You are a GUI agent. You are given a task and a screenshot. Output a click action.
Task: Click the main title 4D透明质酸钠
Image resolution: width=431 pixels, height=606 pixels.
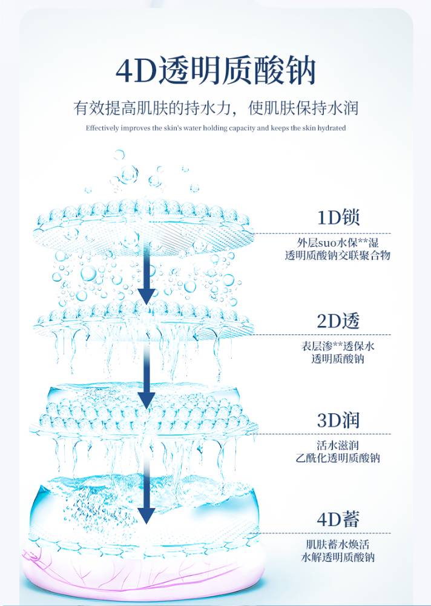(x=215, y=72)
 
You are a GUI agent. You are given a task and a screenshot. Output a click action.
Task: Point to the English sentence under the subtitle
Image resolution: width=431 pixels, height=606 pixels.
(x=215, y=128)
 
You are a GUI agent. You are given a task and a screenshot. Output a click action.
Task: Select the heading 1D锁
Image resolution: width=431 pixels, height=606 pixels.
(x=338, y=218)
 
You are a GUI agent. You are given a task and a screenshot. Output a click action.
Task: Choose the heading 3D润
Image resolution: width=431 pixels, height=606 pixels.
(x=338, y=420)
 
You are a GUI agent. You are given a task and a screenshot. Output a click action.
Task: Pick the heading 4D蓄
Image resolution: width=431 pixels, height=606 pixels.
(x=338, y=519)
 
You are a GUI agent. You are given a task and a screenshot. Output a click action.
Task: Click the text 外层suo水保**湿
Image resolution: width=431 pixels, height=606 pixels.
(x=338, y=243)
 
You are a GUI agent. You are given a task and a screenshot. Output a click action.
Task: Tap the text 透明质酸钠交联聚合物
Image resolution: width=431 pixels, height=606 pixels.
(x=338, y=256)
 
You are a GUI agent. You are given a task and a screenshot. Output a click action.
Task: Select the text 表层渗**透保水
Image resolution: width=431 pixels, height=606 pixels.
(x=338, y=347)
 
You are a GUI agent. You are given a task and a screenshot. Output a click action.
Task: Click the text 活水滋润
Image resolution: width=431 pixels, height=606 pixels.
(x=338, y=445)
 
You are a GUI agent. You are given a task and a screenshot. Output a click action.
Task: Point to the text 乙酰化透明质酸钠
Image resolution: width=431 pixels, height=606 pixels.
(x=338, y=459)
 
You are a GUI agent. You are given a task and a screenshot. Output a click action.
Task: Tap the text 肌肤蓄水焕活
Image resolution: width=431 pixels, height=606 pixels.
(x=338, y=544)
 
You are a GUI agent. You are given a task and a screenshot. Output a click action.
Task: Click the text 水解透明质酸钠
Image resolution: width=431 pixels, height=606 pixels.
(x=338, y=558)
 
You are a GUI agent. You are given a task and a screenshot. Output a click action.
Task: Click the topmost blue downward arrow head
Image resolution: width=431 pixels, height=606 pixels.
(x=146, y=296)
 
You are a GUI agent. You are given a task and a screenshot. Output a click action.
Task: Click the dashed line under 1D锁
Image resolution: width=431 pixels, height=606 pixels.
(x=321, y=233)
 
